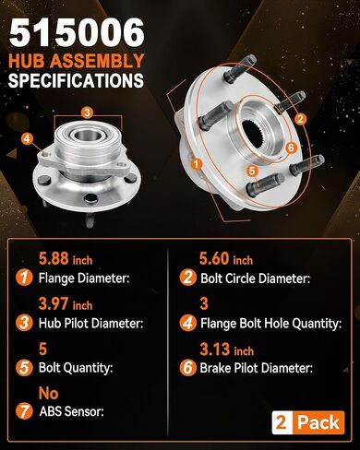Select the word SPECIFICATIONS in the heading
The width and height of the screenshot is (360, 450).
point(76,80)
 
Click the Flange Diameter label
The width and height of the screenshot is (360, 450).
point(86,278)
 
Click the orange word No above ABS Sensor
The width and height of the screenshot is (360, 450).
point(49,393)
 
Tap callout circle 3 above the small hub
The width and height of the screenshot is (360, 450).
point(86,112)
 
